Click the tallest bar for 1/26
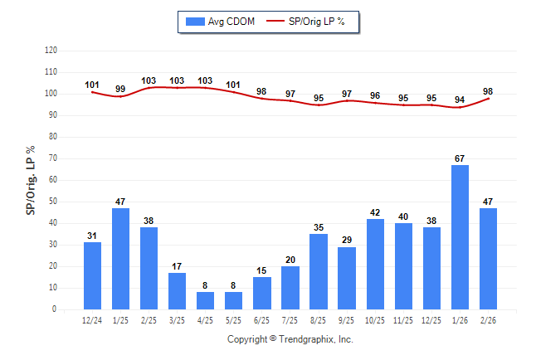(460, 237)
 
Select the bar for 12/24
(93, 275)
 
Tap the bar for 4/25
(206, 300)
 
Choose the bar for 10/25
(375, 264)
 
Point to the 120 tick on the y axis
(51, 51)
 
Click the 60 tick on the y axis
(53, 180)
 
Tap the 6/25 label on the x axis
(262, 320)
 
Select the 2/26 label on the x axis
(488, 320)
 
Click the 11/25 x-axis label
(403, 320)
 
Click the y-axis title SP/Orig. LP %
(31, 180)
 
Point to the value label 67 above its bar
(460, 158)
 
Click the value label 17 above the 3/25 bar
(178, 266)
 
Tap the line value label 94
(460, 100)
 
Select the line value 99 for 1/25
(121, 89)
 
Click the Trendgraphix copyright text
(290, 339)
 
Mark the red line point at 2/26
(488, 99)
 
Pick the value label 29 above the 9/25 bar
(347, 240)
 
